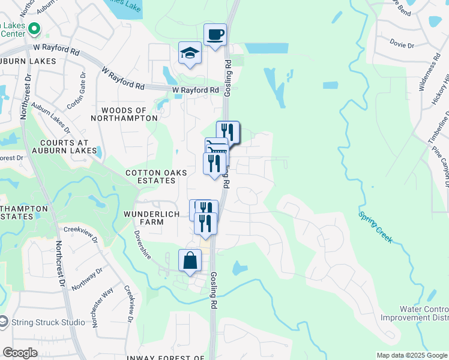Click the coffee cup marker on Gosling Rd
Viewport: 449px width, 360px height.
pos(215,34)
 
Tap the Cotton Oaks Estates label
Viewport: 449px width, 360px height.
pos(156,176)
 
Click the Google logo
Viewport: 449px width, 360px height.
pos(20,353)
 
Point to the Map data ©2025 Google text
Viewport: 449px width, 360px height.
pos(411,355)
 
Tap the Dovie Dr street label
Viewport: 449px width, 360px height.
pos(402,45)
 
